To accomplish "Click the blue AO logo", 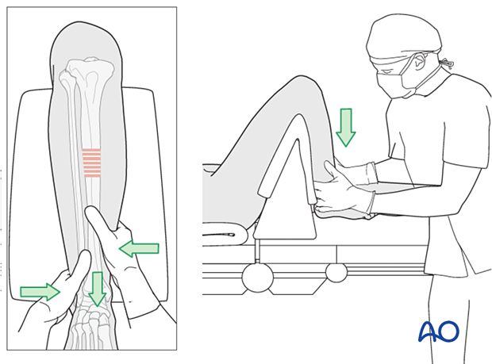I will (438, 330).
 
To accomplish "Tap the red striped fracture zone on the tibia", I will (92, 163).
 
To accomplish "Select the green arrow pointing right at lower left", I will (40, 292).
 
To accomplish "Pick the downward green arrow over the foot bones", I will (97, 288).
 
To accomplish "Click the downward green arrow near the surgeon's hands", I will (345, 127).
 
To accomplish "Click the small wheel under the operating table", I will (336, 272).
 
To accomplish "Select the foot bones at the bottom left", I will (92, 329).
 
